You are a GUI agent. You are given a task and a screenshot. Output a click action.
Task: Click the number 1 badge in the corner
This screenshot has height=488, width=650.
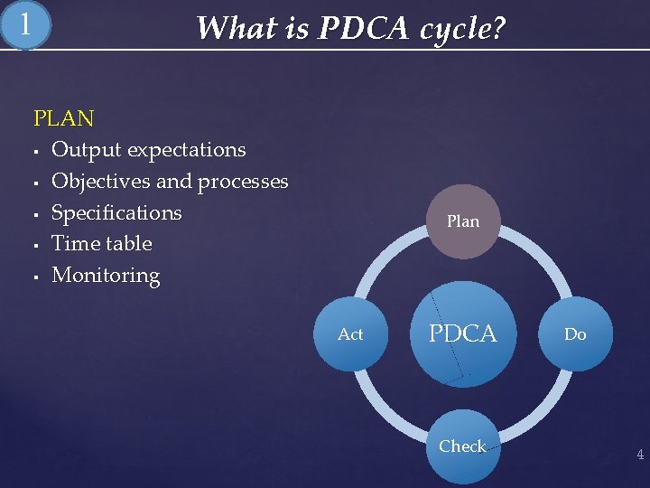point(25,25)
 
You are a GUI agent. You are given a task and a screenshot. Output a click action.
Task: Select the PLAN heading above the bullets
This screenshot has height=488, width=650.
point(63,118)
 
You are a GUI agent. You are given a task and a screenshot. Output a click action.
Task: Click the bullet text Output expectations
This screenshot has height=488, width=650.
point(148,149)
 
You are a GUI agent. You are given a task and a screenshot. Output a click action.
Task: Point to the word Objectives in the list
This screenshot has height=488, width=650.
point(101,181)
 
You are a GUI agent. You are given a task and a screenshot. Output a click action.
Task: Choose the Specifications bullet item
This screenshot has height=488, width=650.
point(116,212)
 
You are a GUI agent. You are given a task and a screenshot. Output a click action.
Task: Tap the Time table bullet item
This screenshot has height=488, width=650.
point(101,243)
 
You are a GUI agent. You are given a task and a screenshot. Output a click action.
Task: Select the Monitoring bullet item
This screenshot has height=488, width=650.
point(106,275)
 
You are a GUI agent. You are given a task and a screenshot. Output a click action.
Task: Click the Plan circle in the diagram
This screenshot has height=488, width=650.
point(462,221)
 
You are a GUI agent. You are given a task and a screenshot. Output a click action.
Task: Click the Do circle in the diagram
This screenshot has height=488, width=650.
point(575,334)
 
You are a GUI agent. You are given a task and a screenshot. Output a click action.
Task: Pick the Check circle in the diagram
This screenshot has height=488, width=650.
point(462,446)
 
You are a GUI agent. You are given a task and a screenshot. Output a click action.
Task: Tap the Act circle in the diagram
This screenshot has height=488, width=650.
point(350,334)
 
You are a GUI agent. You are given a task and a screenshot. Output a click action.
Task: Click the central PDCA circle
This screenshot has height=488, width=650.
point(462,333)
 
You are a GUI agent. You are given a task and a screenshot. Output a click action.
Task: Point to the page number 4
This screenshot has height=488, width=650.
point(640,455)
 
